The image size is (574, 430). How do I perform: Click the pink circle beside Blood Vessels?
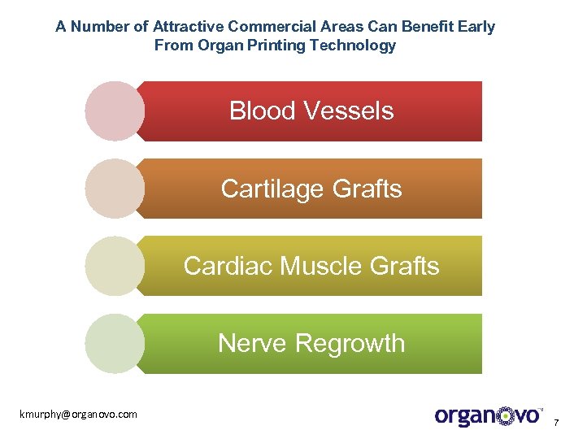(115, 111)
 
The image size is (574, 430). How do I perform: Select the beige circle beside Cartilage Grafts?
(115, 189)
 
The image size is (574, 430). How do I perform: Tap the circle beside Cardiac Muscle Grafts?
(115, 266)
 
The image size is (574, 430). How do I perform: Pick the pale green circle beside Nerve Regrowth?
(115, 343)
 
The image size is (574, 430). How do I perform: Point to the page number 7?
(556, 422)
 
